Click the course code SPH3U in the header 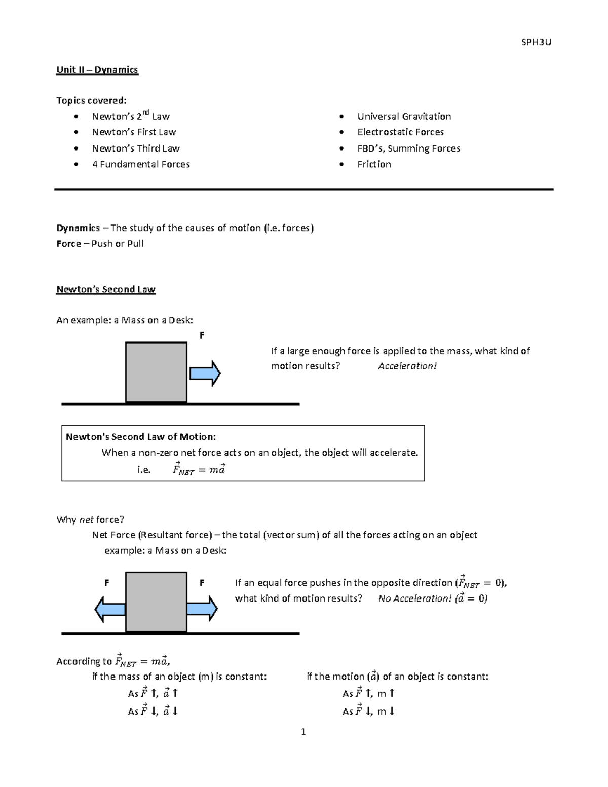[536, 42]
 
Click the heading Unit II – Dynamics [97, 70]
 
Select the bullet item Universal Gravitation [404, 116]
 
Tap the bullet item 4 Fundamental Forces [141, 164]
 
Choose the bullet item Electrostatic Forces [400, 132]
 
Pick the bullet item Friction [374, 164]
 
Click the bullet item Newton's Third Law [136, 148]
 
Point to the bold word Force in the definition [69, 244]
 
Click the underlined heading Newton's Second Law [105, 289]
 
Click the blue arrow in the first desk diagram [205, 373]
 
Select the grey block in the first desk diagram [156, 372]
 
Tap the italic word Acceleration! [407, 366]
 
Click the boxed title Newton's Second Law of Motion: [141, 437]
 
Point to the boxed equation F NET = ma [199, 469]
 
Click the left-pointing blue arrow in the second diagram [110, 609]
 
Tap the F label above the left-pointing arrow [106, 583]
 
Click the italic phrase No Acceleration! [414, 598]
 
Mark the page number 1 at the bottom [303, 731]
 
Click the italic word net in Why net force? [86, 520]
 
